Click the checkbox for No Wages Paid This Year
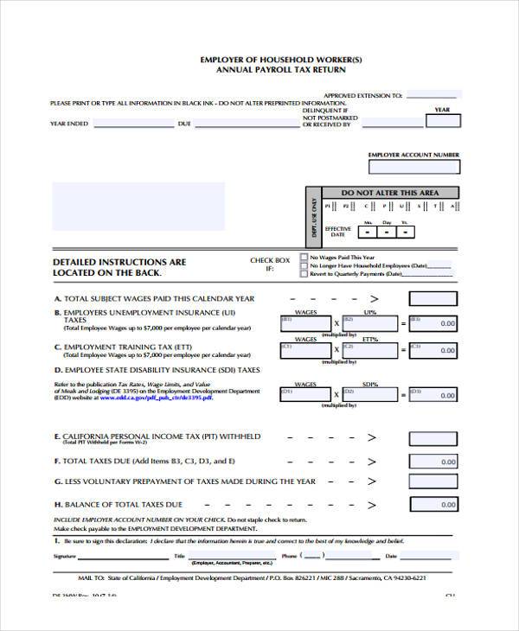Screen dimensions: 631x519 (x=303, y=257)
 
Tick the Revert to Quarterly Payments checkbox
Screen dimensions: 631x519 (x=303, y=273)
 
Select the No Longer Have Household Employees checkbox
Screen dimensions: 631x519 (x=303, y=265)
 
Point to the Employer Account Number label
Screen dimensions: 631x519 (x=413, y=155)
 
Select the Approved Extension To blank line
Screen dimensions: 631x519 (x=433, y=95)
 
